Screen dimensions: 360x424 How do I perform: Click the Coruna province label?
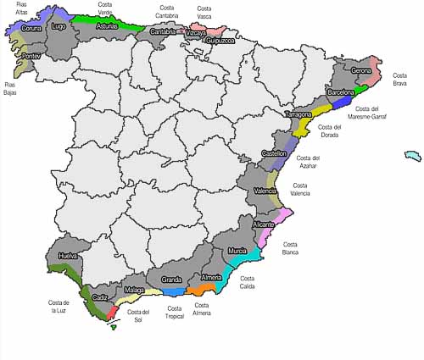(x=31, y=28)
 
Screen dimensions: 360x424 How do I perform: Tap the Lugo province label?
(x=59, y=26)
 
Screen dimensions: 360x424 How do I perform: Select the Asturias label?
(x=107, y=26)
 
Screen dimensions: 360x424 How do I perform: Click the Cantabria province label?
(x=163, y=32)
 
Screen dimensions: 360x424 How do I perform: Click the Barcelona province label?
(x=341, y=92)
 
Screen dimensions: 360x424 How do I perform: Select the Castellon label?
(x=274, y=153)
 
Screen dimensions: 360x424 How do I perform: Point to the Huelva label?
(x=67, y=255)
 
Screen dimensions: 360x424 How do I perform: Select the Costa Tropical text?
(x=174, y=312)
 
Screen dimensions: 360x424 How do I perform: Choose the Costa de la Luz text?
(x=59, y=307)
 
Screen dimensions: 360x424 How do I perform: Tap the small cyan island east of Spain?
(x=413, y=156)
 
